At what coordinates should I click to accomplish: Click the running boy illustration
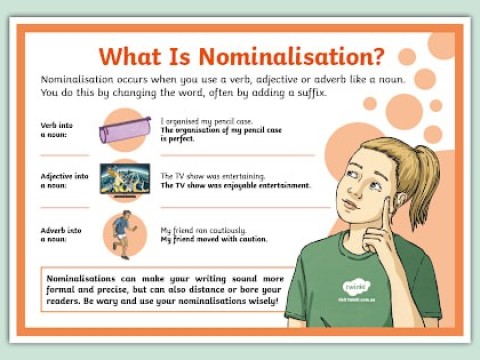tap(125, 231)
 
